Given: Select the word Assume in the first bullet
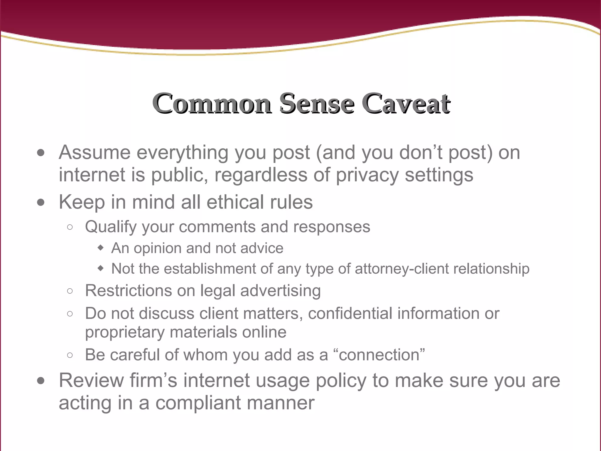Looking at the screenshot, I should [x=94, y=152].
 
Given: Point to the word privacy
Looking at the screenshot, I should [x=367, y=175].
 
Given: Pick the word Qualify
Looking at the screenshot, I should [x=111, y=227].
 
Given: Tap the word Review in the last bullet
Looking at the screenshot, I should [x=91, y=381].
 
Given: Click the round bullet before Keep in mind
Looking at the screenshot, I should [x=41, y=202].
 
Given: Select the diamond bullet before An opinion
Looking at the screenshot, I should [x=101, y=248].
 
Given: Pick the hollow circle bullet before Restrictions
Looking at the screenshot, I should [x=70, y=291].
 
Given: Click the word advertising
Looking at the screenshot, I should [x=281, y=291].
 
